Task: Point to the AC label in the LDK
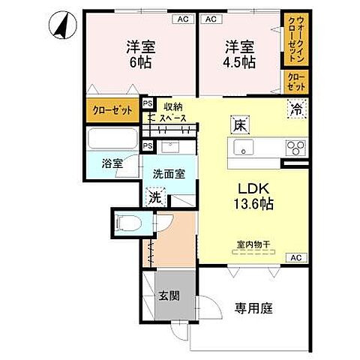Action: (x=298, y=257)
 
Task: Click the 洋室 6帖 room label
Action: (x=139, y=54)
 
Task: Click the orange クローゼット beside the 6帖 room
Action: (x=112, y=109)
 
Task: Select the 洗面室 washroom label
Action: (x=169, y=174)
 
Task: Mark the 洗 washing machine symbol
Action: (x=154, y=198)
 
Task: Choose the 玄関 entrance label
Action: (x=169, y=294)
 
